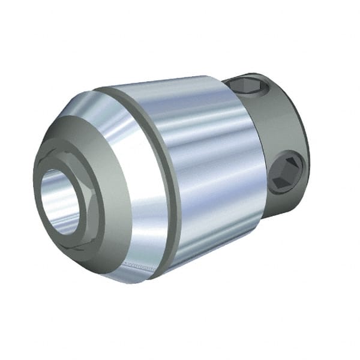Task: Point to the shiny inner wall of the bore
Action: point(51,192)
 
